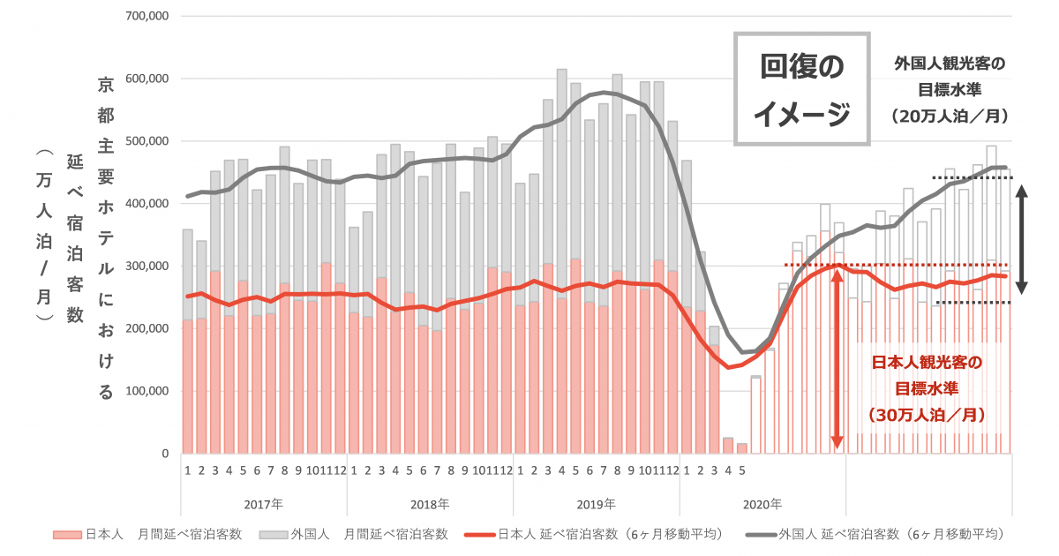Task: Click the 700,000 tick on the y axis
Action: point(147,16)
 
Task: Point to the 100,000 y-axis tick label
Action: point(147,391)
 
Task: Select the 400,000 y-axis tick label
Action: point(147,204)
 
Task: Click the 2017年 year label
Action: point(263,505)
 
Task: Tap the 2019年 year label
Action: point(596,505)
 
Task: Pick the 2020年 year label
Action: point(762,505)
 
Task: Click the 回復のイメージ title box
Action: point(802,89)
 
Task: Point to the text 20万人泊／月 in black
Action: point(949,116)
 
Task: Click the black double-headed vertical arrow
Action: point(1021,239)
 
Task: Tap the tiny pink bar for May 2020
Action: point(742,448)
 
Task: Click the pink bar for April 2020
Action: point(728,446)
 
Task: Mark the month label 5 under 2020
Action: point(742,470)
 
